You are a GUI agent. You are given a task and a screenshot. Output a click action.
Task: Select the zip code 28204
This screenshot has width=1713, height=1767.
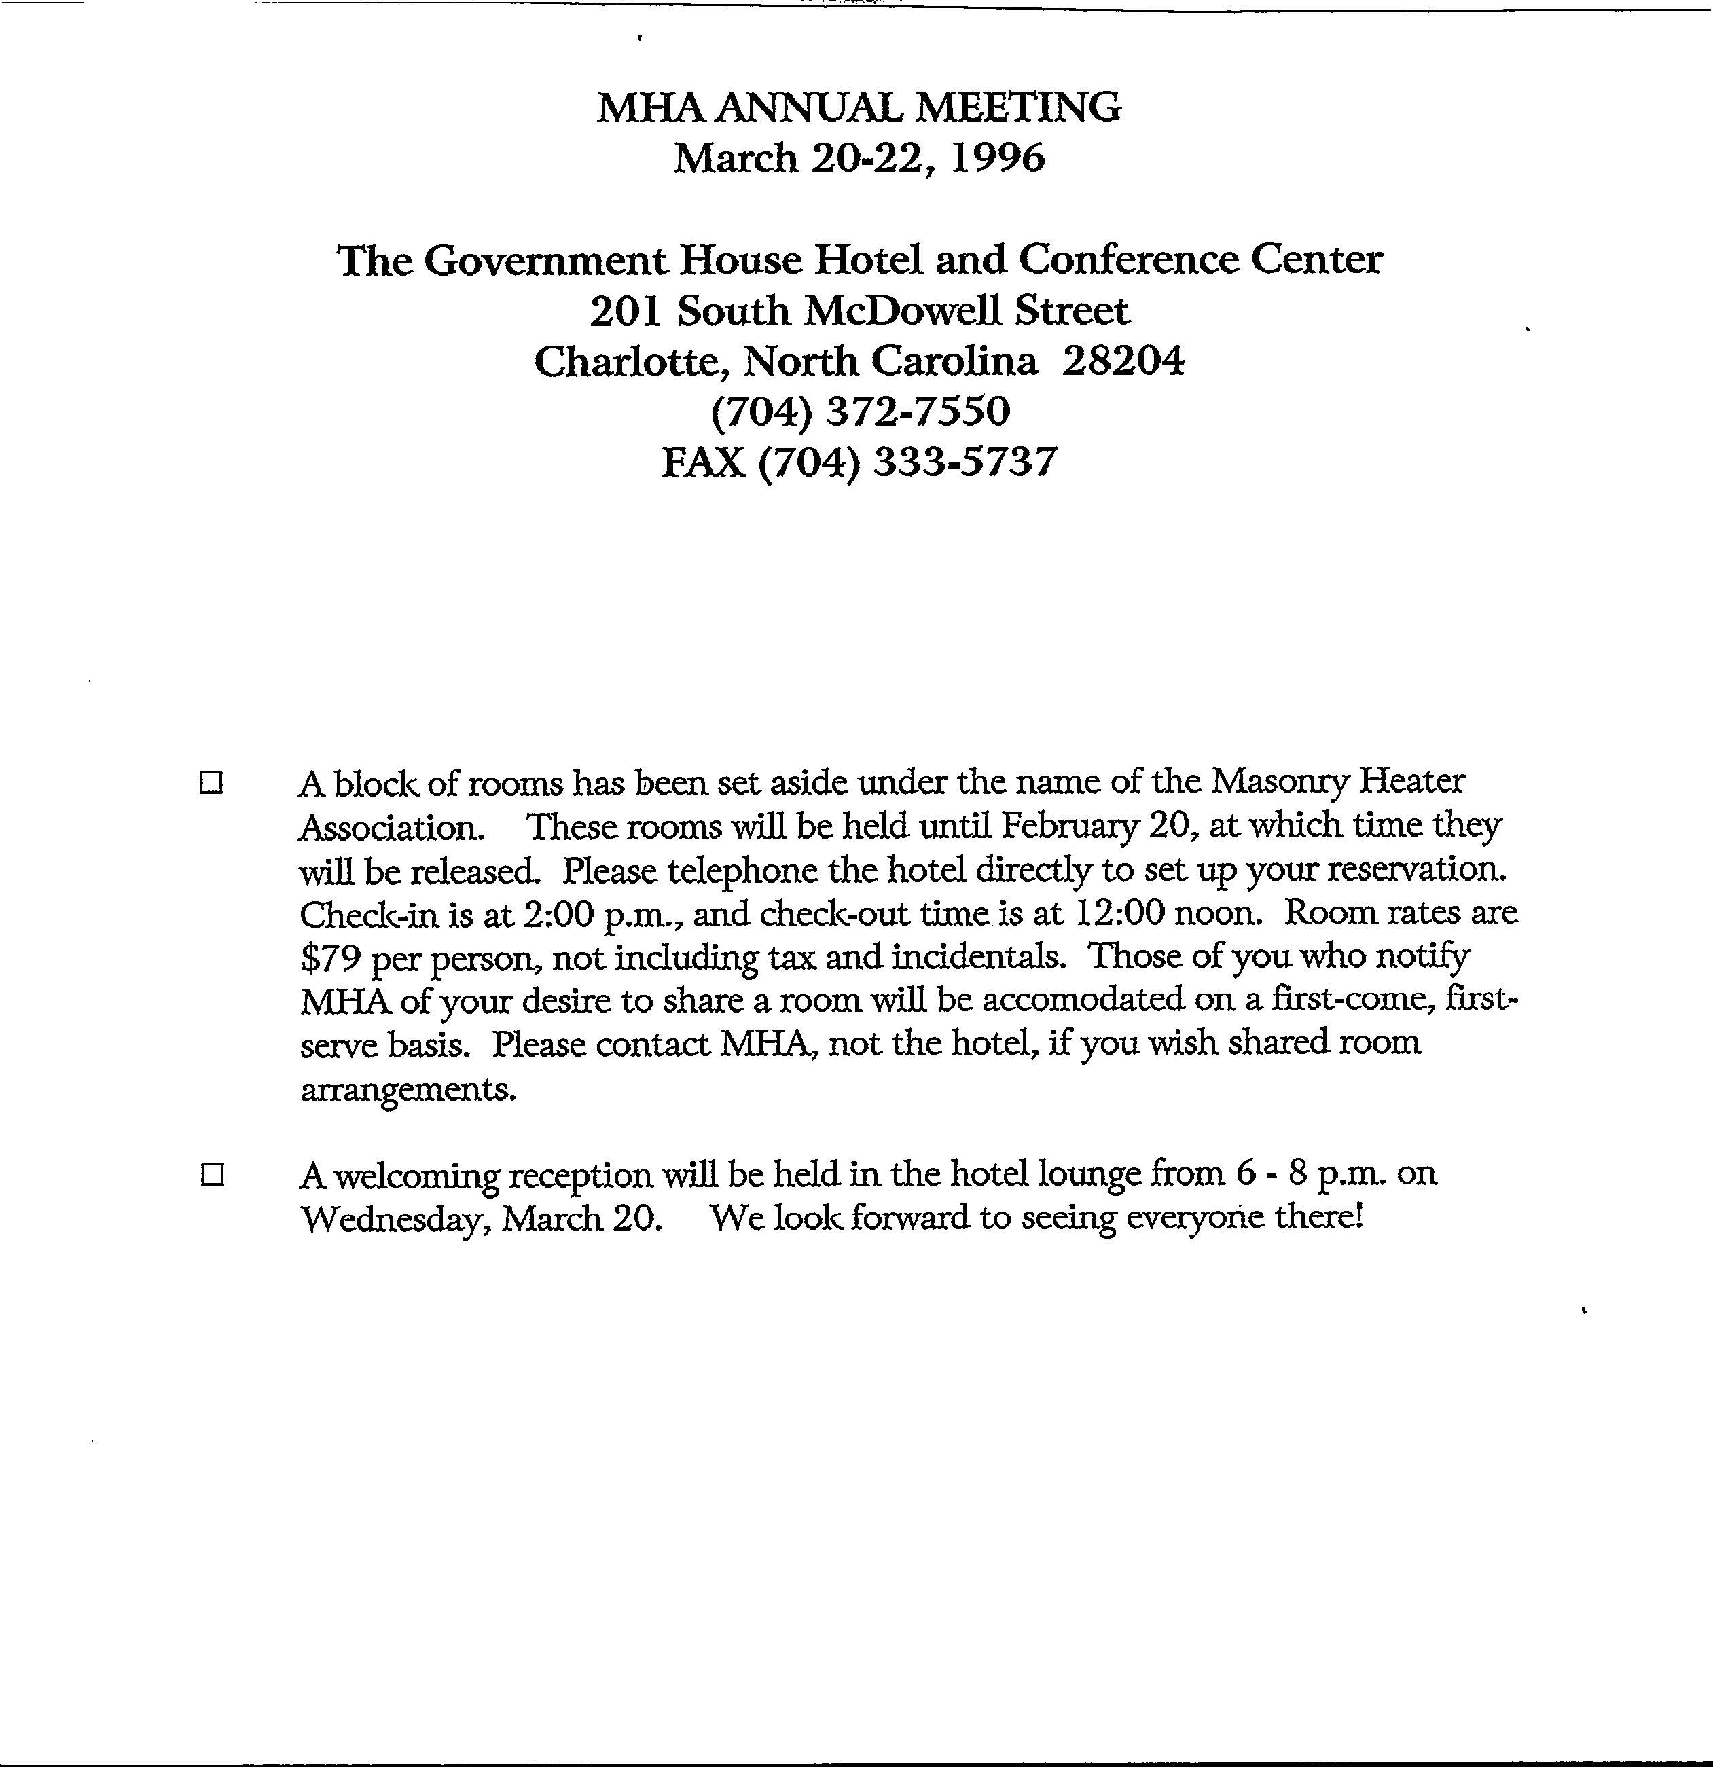pyautogui.click(x=1123, y=361)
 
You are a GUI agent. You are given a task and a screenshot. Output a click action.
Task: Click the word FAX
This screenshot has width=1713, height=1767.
pyautogui.click(x=703, y=462)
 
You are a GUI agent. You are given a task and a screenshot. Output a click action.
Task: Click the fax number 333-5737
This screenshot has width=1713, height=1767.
pyautogui.click(x=966, y=462)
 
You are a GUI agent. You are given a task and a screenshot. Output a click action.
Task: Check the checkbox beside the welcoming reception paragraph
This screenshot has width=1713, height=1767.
pyautogui.click(x=212, y=1176)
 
